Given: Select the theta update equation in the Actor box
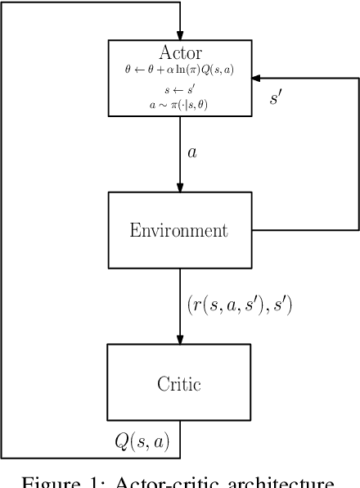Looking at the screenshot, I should [x=179, y=70].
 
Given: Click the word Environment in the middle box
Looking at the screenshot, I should [x=179, y=230].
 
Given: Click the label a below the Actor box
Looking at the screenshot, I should [x=192, y=152].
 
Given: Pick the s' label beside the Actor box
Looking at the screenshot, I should [x=277, y=97].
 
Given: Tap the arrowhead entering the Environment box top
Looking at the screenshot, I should [x=179, y=187].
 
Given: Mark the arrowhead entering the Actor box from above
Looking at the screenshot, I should [x=179, y=34].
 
